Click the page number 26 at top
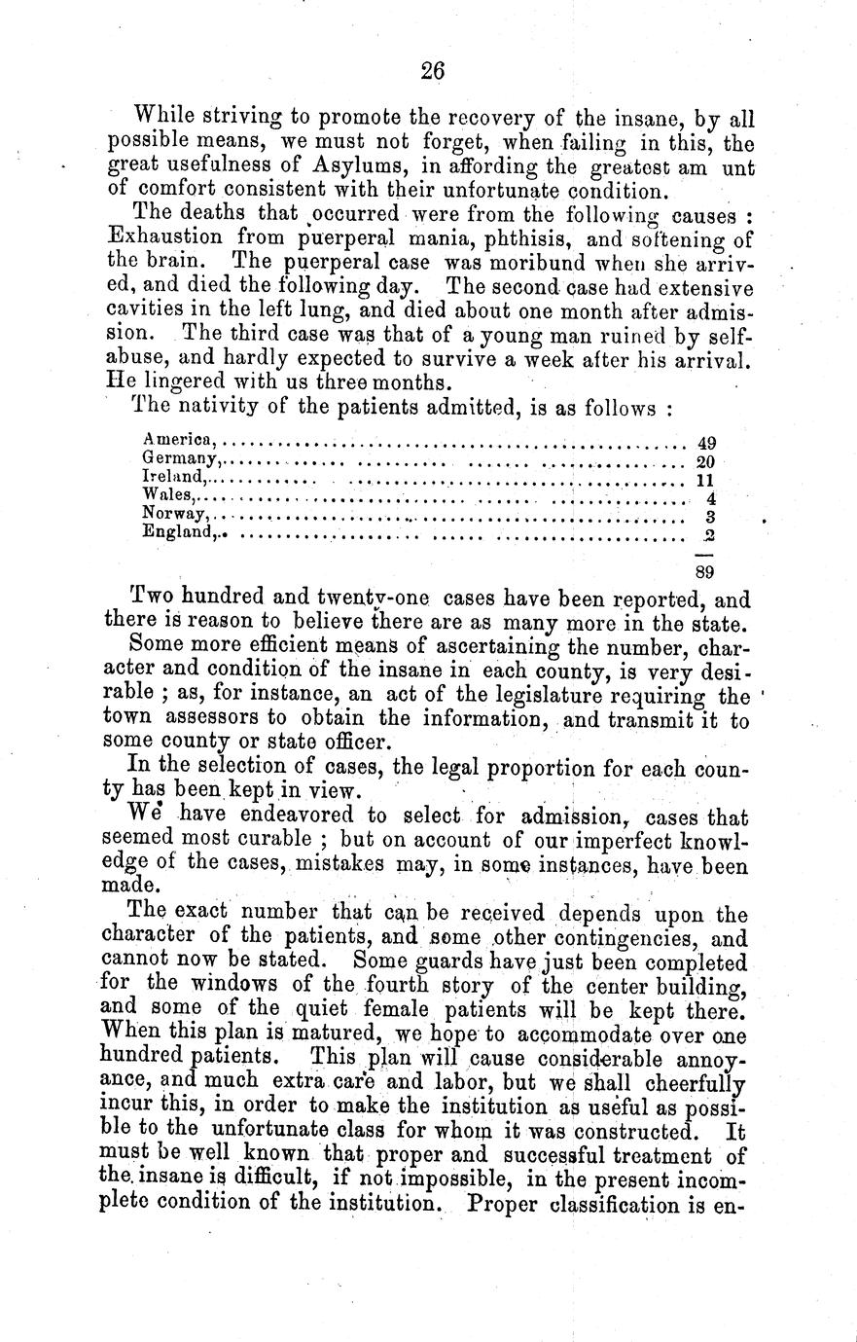pyautogui.click(x=433, y=70)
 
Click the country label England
pyautogui.click(x=177, y=531)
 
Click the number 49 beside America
pyautogui.click(x=707, y=442)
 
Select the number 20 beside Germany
pyautogui.click(x=707, y=460)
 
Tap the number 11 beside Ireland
pyautogui.click(x=707, y=479)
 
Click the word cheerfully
pyautogui.click(x=694, y=1083)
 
